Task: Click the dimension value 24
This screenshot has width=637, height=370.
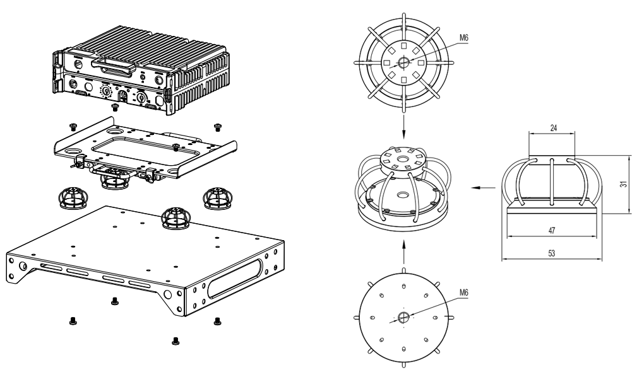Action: tap(552, 127)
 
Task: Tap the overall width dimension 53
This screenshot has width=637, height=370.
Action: tap(552, 253)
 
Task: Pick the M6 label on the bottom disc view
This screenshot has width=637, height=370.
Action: tap(463, 293)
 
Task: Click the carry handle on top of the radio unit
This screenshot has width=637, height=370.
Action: tap(114, 63)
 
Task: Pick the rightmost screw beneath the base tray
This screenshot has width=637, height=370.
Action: tap(217, 320)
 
